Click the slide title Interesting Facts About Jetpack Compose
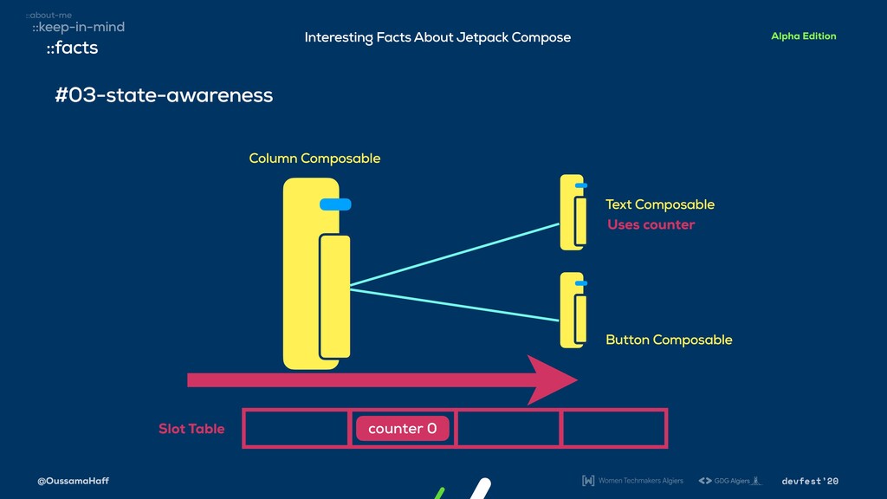[437, 37]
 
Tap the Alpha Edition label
[803, 36]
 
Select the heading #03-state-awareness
[164, 95]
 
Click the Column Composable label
[314, 159]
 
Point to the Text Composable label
[660, 204]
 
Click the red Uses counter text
[651, 225]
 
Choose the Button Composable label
[669, 340]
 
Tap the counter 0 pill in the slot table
[402, 429]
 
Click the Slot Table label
[191, 429]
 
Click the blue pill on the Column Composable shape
[334, 204]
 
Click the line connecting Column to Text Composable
[455, 254]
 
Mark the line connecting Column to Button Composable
[455, 305]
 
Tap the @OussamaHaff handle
[73, 481]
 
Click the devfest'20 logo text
[810, 481]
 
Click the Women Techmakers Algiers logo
[632, 481]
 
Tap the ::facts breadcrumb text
[72, 49]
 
